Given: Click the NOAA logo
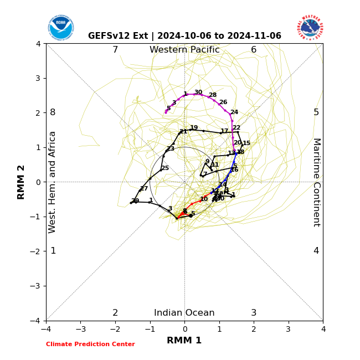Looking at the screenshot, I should click(x=60, y=28).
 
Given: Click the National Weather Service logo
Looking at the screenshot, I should click(x=310, y=27).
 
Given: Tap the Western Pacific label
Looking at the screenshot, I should click(x=184, y=50).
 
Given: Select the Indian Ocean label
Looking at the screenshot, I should click(x=184, y=313).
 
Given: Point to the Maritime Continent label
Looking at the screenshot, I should click(x=316, y=182).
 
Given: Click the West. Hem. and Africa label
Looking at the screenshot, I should click(x=53, y=182).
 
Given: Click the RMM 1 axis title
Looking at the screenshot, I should click(x=184, y=341).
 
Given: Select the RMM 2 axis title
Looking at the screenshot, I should click(x=21, y=182).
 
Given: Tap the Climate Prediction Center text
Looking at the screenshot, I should click(x=90, y=344).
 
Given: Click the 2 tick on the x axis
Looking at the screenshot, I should click(x=254, y=329).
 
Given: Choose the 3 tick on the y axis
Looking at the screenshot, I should click(x=38, y=78).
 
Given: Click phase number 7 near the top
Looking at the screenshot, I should click(x=115, y=50).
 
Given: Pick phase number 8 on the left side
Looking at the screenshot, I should click(x=53, y=112).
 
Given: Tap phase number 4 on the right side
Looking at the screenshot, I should click(x=316, y=251).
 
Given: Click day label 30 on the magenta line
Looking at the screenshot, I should click(x=198, y=92).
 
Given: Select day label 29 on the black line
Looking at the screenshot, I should click(x=135, y=201).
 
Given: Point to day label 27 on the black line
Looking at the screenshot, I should click(x=144, y=189).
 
